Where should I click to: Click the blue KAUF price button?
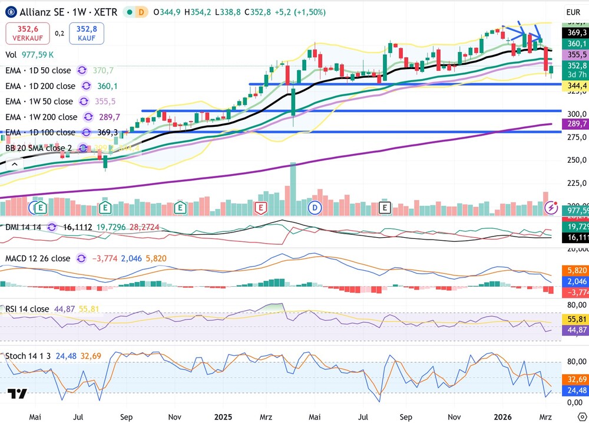(86, 34)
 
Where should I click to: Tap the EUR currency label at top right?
(573, 12)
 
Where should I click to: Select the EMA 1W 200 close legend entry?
(41, 117)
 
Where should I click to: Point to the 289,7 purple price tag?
(576, 124)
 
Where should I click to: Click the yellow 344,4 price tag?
(576, 86)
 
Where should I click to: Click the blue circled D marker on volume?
(315, 208)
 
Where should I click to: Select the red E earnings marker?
(261, 208)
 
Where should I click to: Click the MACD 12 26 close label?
(38, 258)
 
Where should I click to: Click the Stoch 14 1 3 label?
(28, 356)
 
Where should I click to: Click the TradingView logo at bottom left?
(17, 394)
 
